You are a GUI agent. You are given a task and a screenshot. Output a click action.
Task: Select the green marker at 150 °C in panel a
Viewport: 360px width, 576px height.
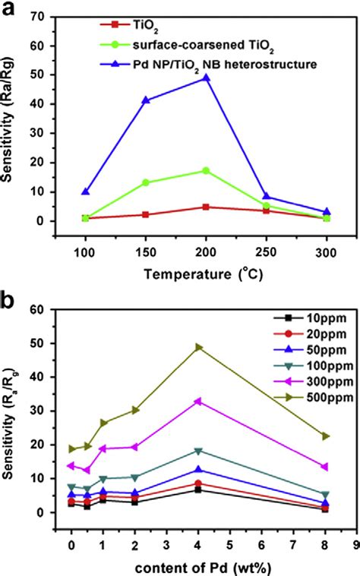(x=145, y=182)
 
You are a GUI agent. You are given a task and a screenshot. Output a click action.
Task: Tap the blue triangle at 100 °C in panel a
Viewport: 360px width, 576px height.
(x=85, y=191)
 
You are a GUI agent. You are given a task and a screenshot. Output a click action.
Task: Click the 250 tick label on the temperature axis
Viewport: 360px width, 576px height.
(x=265, y=249)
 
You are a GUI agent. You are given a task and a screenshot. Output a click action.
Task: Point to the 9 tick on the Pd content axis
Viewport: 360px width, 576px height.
(x=355, y=546)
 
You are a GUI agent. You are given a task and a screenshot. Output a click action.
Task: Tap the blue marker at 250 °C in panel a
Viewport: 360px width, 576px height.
(x=266, y=197)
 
